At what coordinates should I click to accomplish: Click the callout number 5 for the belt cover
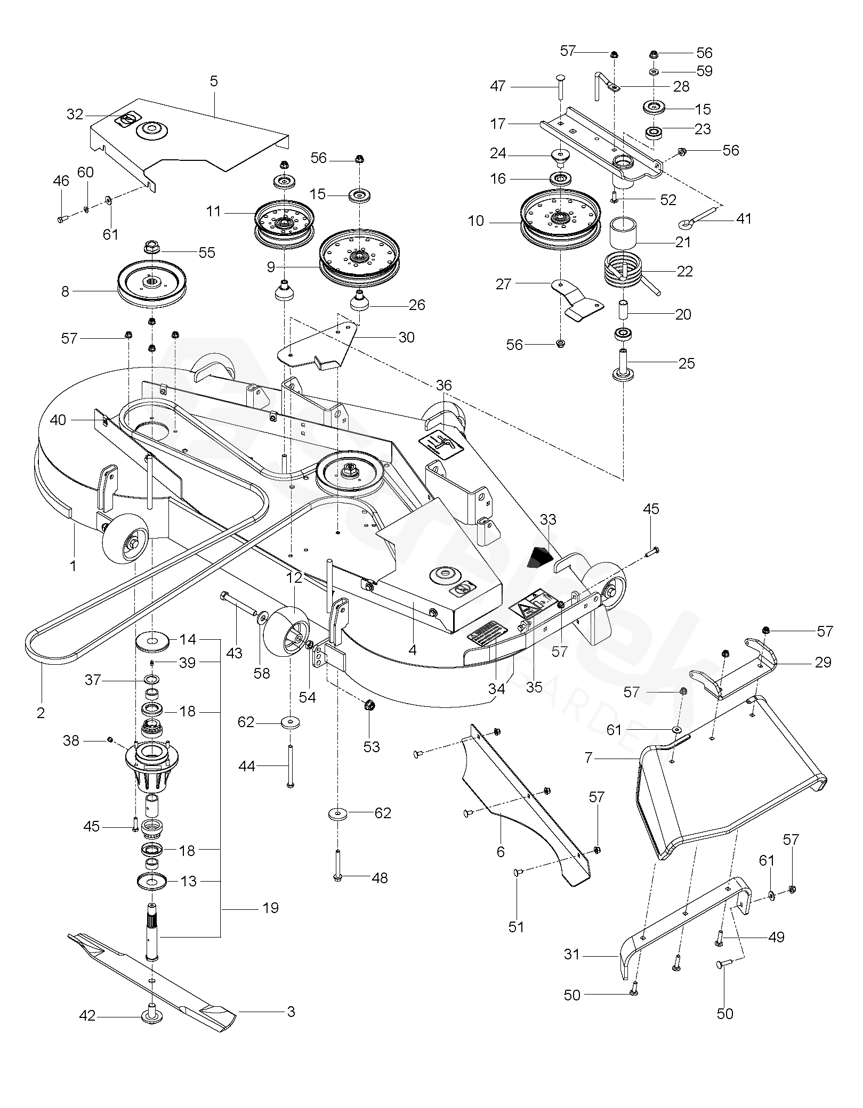pyautogui.click(x=214, y=82)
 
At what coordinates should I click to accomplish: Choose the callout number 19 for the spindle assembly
pyautogui.click(x=271, y=908)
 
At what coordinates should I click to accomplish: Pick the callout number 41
pyautogui.click(x=743, y=219)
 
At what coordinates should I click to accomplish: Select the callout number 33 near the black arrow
pyautogui.click(x=547, y=519)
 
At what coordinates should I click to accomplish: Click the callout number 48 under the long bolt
pyautogui.click(x=380, y=878)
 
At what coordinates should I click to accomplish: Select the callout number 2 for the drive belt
pyautogui.click(x=41, y=713)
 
